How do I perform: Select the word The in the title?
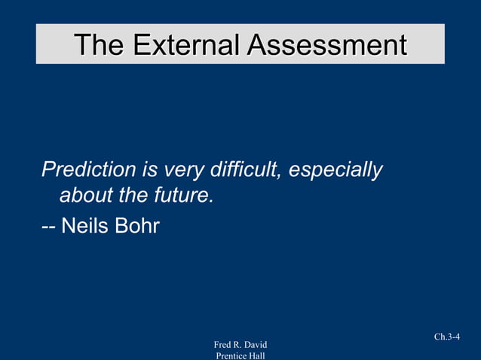pyautogui.click(x=99, y=44)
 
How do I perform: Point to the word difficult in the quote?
pyautogui.click(x=247, y=170)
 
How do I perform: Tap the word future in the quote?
pyautogui.click(x=184, y=197)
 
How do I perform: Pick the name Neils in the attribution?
pyautogui.click(x=85, y=225)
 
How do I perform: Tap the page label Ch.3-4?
pyautogui.click(x=447, y=337)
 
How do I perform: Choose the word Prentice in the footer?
pyautogui.click(x=232, y=355)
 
